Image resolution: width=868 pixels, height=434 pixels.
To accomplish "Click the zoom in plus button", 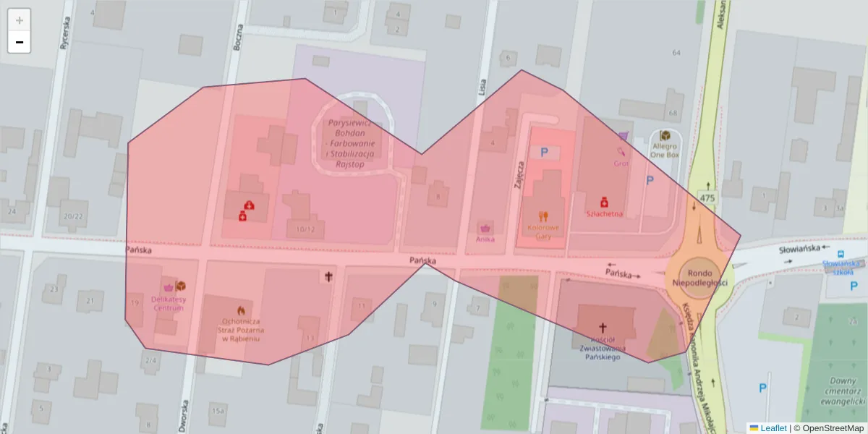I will (x=20, y=20).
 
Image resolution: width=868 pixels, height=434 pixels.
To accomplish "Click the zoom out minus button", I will (x=20, y=42).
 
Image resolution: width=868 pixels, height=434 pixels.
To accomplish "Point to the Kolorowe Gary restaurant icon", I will (x=543, y=216).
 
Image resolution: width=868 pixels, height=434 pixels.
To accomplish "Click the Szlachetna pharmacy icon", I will (x=604, y=203).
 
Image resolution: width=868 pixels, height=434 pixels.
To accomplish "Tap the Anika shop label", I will (x=485, y=239).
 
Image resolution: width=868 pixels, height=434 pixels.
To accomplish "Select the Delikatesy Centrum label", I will (x=169, y=303).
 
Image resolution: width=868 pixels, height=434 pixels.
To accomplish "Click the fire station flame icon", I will (x=241, y=310).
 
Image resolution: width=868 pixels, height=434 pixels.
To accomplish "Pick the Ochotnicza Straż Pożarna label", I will (x=241, y=330).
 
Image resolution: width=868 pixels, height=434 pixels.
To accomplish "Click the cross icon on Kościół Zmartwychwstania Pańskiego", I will (x=603, y=328).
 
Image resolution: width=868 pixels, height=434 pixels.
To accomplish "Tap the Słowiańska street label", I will (x=798, y=249).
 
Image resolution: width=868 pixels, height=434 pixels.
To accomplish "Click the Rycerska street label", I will (x=64, y=32).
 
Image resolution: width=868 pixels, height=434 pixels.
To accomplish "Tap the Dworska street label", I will (x=185, y=415).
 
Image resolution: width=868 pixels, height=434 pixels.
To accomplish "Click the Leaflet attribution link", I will (x=773, y=428).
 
